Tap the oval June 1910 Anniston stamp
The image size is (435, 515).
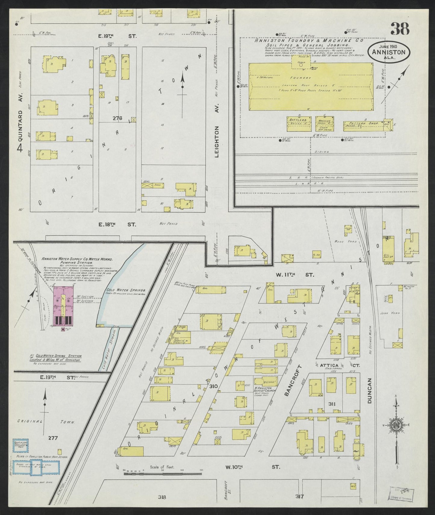(388, 52)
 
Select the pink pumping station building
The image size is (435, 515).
(63, 306)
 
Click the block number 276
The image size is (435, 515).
(117, 118)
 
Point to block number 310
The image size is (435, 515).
(213, 386)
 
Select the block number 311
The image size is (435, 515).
(332, 404)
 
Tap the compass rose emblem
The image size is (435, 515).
(396, 425)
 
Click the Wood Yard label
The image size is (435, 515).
(341, 242)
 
